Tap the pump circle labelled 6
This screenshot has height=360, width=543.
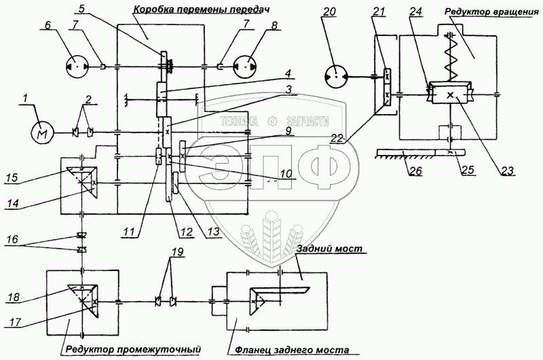pos(77,67)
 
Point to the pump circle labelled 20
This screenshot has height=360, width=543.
pos(336,77)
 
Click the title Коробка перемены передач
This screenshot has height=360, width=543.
pos(202,10)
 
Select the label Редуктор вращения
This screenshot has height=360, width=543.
pos(491,12)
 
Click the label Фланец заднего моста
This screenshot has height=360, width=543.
pos(292,350)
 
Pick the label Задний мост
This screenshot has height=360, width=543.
pos(330,249)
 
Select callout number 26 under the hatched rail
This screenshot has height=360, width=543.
pos(415,170)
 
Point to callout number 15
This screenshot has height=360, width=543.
pos(13,177)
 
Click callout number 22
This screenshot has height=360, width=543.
pos(336,139)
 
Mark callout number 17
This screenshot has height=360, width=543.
pos(14,322)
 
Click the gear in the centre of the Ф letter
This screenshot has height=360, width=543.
pos(274,121)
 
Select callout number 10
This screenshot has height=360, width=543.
pos(286,173)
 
